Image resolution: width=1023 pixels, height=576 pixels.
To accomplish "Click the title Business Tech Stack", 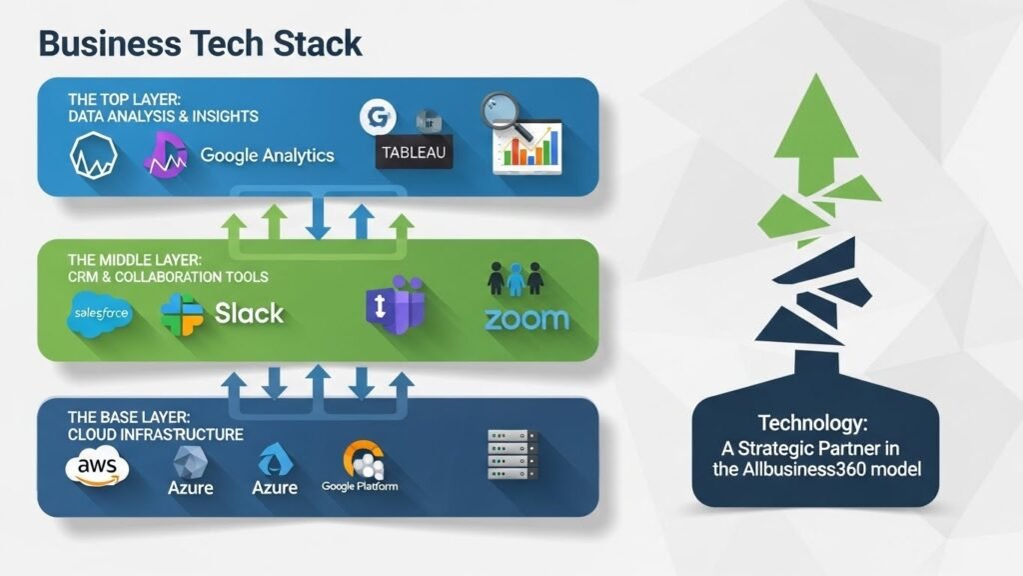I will click(200, 43).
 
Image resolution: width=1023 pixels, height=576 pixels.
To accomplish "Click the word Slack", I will click(249, 314).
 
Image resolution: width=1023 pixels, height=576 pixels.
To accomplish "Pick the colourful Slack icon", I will click(183, 314).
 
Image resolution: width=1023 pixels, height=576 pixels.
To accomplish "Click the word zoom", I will click(525, 320).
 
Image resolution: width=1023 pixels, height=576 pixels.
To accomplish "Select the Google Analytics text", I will click(267, 155).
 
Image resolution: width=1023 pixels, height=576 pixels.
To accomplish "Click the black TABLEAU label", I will click(413, 153).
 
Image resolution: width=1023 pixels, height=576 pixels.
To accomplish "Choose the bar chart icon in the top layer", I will click(529, 148).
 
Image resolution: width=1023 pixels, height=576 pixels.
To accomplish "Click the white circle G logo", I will click(376, 117).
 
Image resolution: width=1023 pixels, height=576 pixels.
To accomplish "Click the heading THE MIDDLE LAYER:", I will click(134, 259).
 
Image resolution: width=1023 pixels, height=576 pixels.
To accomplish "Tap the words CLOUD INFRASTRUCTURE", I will click(156, 434).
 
